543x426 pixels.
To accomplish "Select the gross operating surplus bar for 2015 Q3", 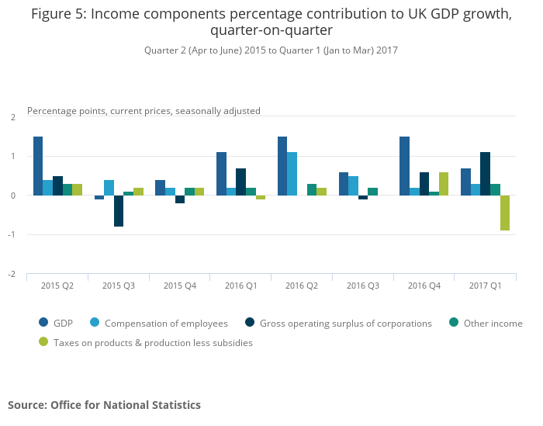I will [119, 211].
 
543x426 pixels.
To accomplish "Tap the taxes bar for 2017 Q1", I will [505, 213].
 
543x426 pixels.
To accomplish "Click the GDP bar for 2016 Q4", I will [404, 166].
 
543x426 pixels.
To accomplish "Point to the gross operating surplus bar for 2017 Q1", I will [486, 174].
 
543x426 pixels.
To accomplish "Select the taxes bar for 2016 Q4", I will [444, 184].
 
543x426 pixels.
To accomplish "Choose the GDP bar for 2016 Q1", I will [221, 174].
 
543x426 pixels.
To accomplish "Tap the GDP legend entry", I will [63, 324].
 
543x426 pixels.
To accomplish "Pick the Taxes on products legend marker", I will [43, 342].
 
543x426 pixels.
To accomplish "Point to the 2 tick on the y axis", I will [12, 117].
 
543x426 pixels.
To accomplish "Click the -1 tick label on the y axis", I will [12, 235].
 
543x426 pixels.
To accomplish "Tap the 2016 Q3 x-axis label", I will [362, 286].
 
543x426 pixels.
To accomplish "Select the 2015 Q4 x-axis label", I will [179, 286].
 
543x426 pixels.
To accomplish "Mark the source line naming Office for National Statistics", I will [104, 405].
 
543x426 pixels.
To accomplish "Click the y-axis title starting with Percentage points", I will [144, 111].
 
